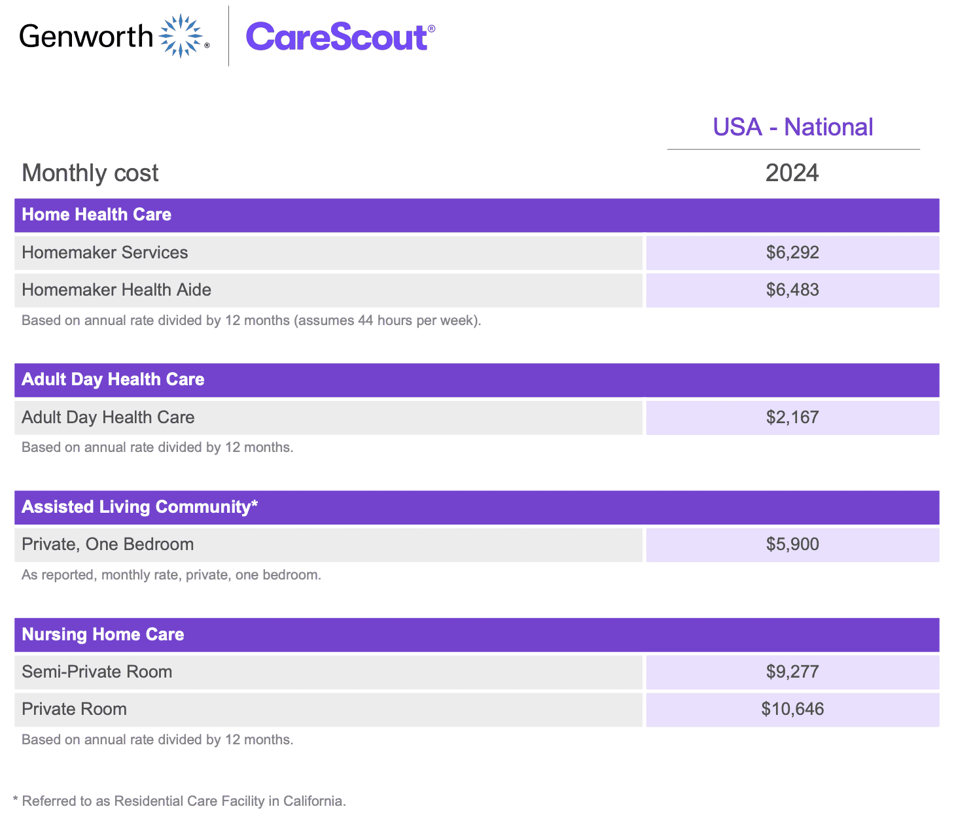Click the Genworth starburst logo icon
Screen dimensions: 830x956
(x=181, y=36)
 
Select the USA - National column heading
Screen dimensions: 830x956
(x=792, y=127)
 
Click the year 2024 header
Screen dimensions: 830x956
(x=792, y=173)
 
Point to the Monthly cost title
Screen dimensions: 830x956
(x=90, y=173)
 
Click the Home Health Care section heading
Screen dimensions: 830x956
(x=97, y=215)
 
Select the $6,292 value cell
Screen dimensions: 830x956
(x=792, y=252)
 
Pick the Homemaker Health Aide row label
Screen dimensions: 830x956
(x=116, y=290)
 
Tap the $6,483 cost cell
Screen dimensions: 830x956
(x=792, y=290)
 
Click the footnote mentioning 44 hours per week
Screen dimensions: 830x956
(x=251, y=320)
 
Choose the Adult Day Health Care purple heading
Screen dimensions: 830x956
(x=113, y=379)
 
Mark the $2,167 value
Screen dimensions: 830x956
(x=792, y=417)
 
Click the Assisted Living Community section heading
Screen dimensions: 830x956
(x=140, y=507)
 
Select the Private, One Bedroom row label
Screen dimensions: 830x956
(x=108, y=544)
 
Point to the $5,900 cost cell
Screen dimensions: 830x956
(x=792, y=544)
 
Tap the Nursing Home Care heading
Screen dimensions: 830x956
(x=103, y=634)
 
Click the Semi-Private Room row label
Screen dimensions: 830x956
(x=97, y=672)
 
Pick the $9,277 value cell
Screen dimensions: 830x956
(x=792, y=672)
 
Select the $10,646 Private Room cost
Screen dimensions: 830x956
(x=792, y=709)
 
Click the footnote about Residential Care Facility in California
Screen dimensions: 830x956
(x=180, y=801)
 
